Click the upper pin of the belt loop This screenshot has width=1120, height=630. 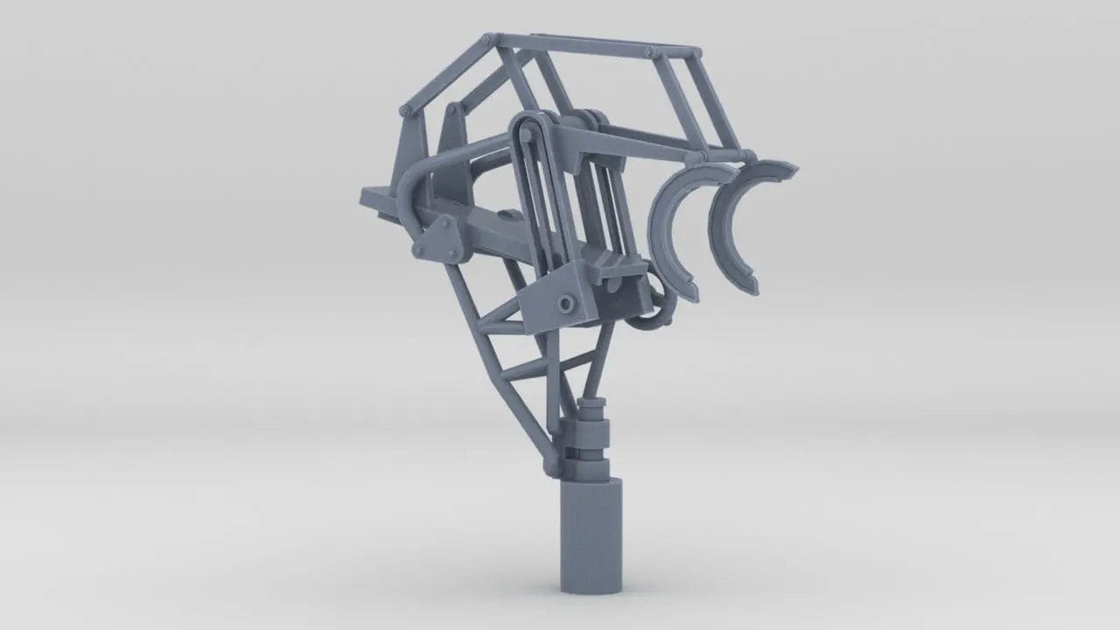(525, 131)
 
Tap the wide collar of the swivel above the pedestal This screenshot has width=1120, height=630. (584, 432)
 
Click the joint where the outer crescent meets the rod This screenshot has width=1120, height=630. (749, 157)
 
